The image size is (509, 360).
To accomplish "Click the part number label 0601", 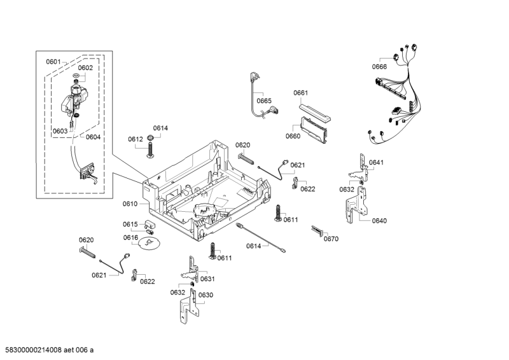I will (x=53, y=62).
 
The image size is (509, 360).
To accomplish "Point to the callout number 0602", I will (x=85, y=67).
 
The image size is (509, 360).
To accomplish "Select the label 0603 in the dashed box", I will (x=60, y=131).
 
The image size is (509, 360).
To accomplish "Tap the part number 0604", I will (x=93, y=137).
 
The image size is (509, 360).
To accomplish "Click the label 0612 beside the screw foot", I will (x=135, y=139).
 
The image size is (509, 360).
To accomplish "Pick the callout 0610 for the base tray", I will (x=130, y=204).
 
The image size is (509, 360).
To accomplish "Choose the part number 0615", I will (x=130, y=224).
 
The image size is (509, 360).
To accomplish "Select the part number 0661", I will (x=300, y=93).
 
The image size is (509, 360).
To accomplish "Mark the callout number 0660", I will (x=293, y=136).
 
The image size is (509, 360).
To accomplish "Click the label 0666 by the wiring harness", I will (x=379, y=67).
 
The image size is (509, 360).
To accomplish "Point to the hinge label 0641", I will (x=376, y=162).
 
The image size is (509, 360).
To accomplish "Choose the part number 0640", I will (x=379, y=221).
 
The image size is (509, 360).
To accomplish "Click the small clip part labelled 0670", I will (x=318, y=230).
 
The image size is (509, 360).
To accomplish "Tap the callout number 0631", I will (x=207, y=279).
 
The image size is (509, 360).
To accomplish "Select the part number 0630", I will (x=205, y=295).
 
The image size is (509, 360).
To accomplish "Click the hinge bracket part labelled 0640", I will (x=357, y=207).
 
